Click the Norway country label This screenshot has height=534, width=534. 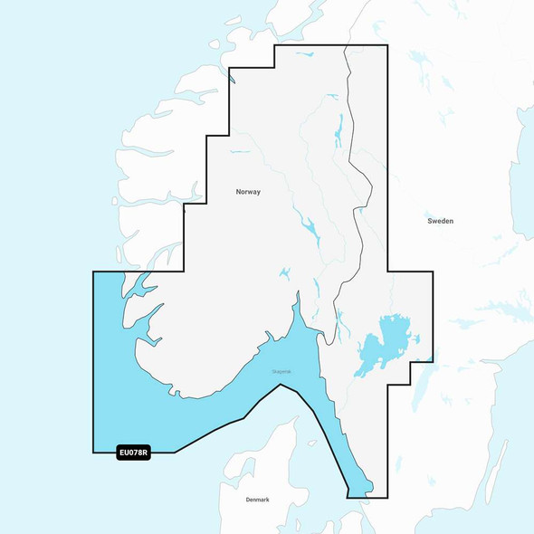point(248,192)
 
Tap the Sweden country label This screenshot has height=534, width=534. point(441,221)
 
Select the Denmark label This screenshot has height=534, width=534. point(257,500)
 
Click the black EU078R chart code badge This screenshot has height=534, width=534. point(133,453)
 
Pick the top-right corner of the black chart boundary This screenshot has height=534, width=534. point(387,45)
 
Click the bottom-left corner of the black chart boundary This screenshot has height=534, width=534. point(93,453)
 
